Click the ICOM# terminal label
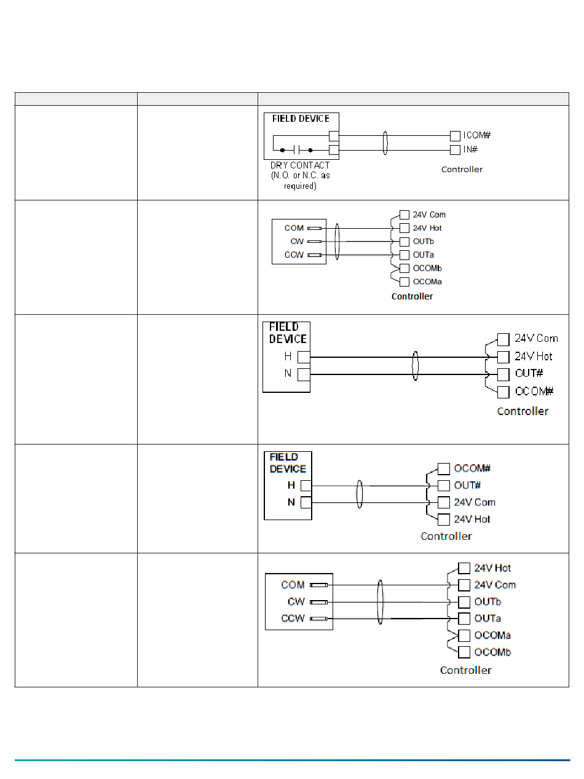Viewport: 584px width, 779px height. click(477, 135)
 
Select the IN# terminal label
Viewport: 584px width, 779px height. click(471, 149)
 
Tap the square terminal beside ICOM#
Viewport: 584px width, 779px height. click(455, 135)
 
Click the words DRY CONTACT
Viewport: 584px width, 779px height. click(300, 165)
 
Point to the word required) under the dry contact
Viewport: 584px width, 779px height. click(300, 186)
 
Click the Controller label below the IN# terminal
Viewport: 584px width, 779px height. click(462, 169)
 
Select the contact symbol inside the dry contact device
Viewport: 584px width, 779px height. click(296, 149)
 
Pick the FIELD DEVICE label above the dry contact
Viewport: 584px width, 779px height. click(301, 119)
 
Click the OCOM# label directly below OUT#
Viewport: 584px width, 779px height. click(534, 392)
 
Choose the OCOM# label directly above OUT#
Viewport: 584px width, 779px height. click(472, 469)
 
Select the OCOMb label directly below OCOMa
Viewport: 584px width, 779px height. click(492, 652)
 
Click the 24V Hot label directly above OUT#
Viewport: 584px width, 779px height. click(533, 357)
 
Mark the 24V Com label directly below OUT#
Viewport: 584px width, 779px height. click(475, 502)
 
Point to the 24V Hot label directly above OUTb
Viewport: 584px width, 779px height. click(427, 228)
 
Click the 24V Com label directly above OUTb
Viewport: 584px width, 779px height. click(495, 585)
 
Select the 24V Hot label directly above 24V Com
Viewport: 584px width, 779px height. click(492, 568)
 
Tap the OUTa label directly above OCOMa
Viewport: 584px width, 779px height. click(487, 619)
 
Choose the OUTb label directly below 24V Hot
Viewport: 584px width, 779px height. click(424, 242)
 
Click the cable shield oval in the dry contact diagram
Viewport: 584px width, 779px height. click(385, 142)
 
